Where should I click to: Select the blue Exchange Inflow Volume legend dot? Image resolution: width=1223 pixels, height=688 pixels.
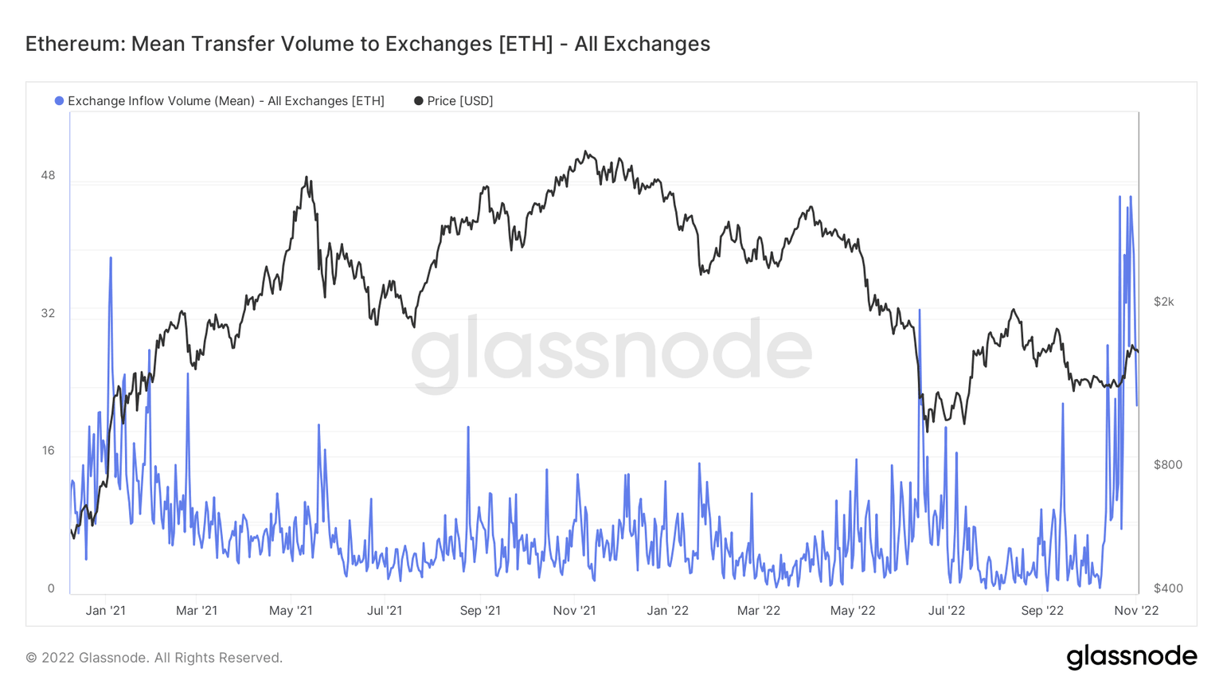pos(59,101)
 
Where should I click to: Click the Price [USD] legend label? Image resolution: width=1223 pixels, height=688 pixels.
pos(459,101)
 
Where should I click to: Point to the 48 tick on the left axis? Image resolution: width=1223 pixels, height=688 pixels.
pos(48,175)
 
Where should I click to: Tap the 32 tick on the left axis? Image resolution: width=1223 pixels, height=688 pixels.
pos(48,313)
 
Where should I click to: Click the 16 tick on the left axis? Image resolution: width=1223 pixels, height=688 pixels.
pos(48,451)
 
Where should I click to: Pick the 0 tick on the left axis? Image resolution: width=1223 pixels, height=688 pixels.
pos(51,588)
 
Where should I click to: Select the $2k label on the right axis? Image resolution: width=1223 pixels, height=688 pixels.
pos(1163,302)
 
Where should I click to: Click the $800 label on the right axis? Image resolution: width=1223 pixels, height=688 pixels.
pos(1167,465)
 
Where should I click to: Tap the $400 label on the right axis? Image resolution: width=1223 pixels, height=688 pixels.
pos(1167,588)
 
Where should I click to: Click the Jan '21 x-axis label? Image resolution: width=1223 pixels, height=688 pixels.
pos(105,611)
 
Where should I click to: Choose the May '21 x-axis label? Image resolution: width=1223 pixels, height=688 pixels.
pos(291,611)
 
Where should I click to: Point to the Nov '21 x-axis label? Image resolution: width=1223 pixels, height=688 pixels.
pos(574,611)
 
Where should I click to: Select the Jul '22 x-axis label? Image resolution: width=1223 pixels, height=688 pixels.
pos(946,611)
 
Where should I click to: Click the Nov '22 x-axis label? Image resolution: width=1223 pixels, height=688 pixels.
pos(1136,611)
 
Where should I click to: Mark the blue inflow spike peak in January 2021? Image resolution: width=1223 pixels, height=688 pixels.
pos(111,258)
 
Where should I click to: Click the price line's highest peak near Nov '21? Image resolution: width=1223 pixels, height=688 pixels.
pos(586,151)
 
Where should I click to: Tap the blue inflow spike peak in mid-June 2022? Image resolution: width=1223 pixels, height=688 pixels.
pos(920,310)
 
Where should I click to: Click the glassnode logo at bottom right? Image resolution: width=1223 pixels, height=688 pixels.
pos(1131,657)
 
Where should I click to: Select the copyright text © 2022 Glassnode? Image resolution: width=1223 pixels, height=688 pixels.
pos(154,658)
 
